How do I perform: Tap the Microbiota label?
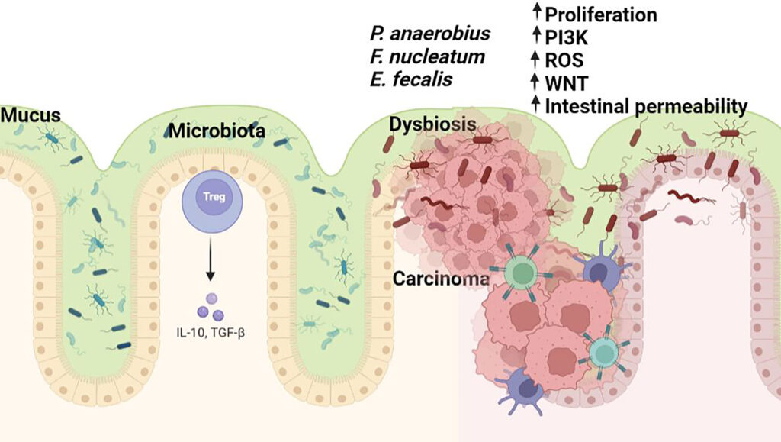coord(217,130)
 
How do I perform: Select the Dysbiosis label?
coord(433,124)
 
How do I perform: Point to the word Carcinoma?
coord(440,279)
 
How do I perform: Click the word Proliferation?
coord(601,14)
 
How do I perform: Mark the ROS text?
coord(565,59)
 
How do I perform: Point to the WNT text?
coord(566,82)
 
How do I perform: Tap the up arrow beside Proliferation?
coord(536,12)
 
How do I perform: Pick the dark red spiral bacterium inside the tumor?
coord(432,204)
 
